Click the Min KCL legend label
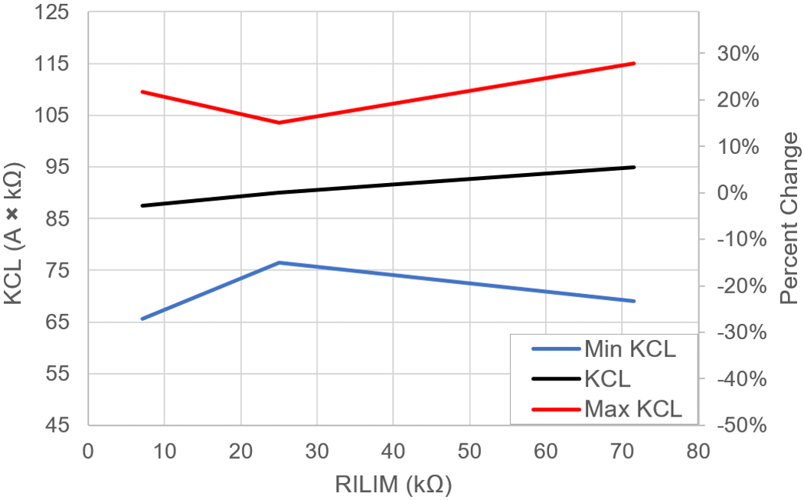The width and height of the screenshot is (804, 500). click(x=630, y=350)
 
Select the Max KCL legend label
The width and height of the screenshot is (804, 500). click(x=632, y=408)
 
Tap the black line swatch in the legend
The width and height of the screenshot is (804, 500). click(x=554, y=379)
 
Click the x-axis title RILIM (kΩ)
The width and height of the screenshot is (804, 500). click(x=393, y=485)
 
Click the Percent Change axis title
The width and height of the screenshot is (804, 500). click(x=789, y=218)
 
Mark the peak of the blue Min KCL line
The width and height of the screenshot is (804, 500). click(x=279, y=263)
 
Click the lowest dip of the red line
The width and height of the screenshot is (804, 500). click(x=279, y=123)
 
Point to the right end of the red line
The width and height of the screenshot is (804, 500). click(x=635, y=64)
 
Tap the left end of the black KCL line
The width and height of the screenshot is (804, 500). click(x=142, y=206)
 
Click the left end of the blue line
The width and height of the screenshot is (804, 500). click(x=142, y=319)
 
